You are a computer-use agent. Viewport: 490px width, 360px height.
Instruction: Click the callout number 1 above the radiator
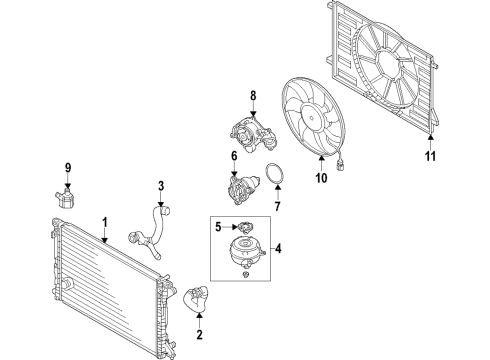[105, 223]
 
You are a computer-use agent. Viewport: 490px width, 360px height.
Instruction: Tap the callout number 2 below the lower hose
[199, 334]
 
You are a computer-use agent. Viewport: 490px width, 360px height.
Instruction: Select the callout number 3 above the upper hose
[161, 186]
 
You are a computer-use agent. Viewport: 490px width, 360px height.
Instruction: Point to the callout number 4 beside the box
[278, 248]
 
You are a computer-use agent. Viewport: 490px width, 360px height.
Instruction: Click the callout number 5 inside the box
[218, 227]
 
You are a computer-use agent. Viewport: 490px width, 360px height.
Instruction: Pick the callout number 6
[234, 156]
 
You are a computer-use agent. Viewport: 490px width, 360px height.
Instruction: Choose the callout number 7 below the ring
[277, 206]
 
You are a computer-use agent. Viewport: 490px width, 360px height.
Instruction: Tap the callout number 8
[253, 96]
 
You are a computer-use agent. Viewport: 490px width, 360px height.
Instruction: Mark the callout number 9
[68, 168]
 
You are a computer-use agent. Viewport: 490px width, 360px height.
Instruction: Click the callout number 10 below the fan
[321, 178]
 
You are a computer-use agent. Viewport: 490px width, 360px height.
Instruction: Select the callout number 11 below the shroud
[430, 156]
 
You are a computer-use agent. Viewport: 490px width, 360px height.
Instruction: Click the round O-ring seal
[275, 173]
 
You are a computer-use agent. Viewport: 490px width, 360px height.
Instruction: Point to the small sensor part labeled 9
[65, 198]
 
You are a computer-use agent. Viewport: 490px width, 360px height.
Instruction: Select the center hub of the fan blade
[313, 118]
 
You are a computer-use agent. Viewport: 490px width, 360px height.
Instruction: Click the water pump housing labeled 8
[253, 134]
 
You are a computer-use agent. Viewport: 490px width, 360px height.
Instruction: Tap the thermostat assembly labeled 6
[243, 190]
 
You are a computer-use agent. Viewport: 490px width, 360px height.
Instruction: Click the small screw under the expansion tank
[246, 274]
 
